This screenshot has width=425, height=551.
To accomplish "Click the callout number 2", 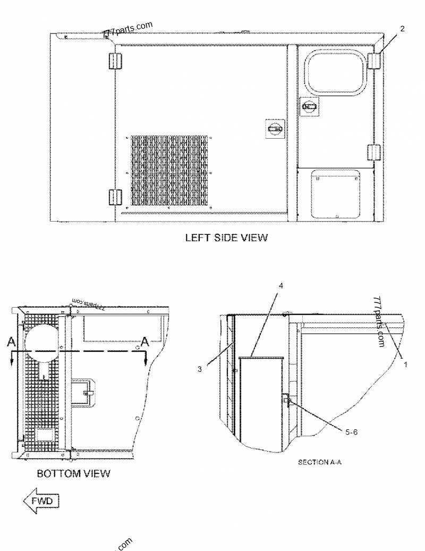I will [402, 29].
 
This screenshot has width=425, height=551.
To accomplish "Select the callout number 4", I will [281, 286].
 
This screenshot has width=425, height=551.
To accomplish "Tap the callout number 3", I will [199, 369].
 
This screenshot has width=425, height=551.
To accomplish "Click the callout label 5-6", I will [352, 433].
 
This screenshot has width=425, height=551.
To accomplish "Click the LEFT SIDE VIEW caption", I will [226, 238].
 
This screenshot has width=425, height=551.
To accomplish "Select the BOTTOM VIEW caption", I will [73, 473].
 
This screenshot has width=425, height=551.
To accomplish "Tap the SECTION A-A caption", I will [319, 463].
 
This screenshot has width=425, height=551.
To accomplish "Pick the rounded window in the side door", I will [334, 70].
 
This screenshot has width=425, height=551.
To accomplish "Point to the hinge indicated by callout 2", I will [375, 61].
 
